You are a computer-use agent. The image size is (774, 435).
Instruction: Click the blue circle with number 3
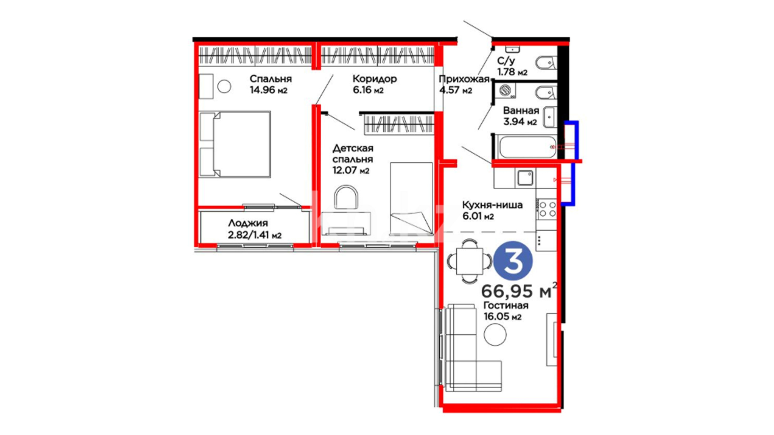pyautogui.click(x=513, y=261)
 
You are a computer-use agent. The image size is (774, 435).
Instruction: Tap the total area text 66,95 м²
pyautogui.click(x=519, y=290)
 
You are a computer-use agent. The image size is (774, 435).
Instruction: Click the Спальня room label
pyautogui.click(x=270, y=79)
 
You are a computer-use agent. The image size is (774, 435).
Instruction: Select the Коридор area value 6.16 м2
pyautogui.click(x=368, y=90)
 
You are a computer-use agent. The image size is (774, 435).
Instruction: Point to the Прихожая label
pyautogui.click(x=464, y=79)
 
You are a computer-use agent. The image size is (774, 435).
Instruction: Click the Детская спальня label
pyautogui.click(x=353, y=153)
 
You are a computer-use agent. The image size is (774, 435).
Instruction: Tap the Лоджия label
pyautogui.click(x=248, y=223)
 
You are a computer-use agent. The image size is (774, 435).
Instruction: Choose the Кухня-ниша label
pyautogui.click(x=492, y=205)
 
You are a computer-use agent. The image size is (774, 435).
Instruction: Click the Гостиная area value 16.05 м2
pyautogui.click(x=502, y=317)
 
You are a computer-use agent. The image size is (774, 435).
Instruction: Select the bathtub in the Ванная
pyautogui.click(x=527, y=147)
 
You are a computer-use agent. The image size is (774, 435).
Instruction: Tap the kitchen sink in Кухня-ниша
pyautogui.click(x=525, y=178)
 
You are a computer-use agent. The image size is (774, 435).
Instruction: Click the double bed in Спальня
pyautogui.click(x=235, y=144)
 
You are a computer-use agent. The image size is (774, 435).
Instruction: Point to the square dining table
pyautogui.click(x=469, y=261)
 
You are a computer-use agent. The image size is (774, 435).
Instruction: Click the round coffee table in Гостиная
pyautogui.click(x=495, y=334)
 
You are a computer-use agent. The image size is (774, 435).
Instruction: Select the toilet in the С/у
pyautogui.click(x=546, y=63)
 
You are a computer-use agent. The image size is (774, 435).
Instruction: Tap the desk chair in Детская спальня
pyautogui.click(x=346, y=197)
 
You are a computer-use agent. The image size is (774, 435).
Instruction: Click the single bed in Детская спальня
pyautogui.click(x=411, y=199)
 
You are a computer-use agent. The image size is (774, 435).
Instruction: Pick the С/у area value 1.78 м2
pyautogui.click(x=512, y=72)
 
